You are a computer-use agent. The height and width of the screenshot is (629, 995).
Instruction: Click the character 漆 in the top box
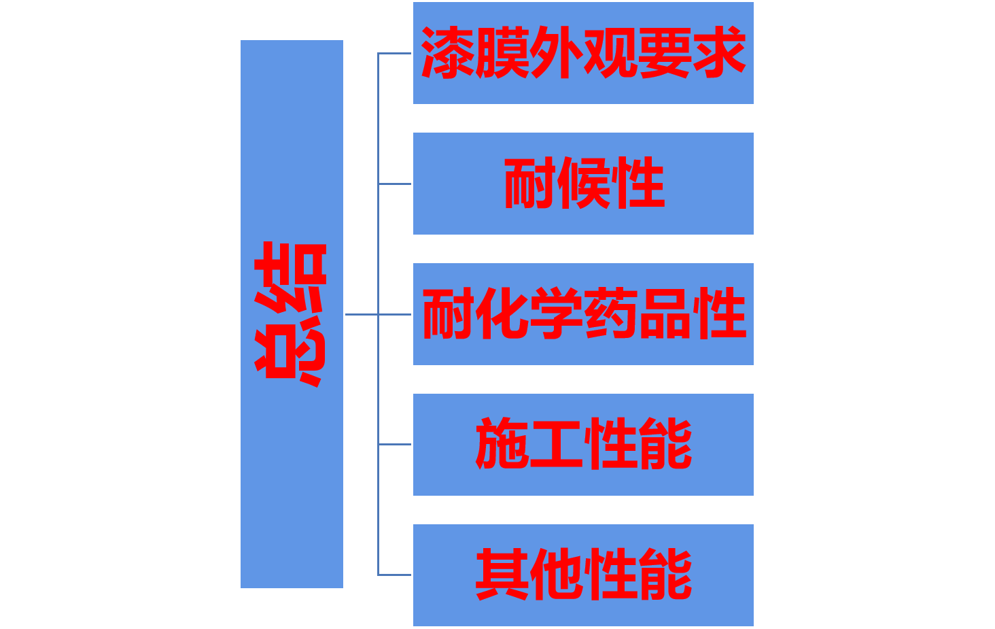448,53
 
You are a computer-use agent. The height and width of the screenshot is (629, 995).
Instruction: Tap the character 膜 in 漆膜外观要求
502,53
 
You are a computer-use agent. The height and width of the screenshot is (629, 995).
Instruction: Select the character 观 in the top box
610,53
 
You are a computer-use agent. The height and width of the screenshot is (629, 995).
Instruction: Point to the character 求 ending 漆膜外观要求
719,53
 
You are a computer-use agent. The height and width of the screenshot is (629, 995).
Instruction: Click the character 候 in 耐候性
584,183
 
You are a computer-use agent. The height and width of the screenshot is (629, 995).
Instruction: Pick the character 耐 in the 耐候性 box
530,183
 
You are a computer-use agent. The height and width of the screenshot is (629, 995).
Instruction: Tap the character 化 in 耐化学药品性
502,313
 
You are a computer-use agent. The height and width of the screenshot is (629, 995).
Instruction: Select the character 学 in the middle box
557,313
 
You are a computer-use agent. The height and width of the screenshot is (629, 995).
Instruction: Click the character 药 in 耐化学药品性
611,313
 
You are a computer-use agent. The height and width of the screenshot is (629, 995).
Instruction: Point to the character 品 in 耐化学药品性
665,313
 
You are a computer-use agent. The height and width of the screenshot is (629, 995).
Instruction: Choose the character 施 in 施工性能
502,444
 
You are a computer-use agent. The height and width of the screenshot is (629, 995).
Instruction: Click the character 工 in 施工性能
557,444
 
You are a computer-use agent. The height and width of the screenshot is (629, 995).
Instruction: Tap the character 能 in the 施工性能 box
665,444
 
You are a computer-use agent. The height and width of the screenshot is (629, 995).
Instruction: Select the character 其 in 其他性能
502,575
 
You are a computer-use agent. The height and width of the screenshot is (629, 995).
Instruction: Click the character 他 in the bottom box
557,575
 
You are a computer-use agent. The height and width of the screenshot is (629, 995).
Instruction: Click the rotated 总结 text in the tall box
291,314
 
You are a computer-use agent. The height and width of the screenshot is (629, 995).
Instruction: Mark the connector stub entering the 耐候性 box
395,184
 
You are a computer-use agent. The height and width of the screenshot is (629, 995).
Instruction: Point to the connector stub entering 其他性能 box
395,575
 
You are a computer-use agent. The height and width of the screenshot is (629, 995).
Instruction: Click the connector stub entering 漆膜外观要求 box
395,53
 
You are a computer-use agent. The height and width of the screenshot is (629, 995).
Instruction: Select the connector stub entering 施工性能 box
395,444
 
